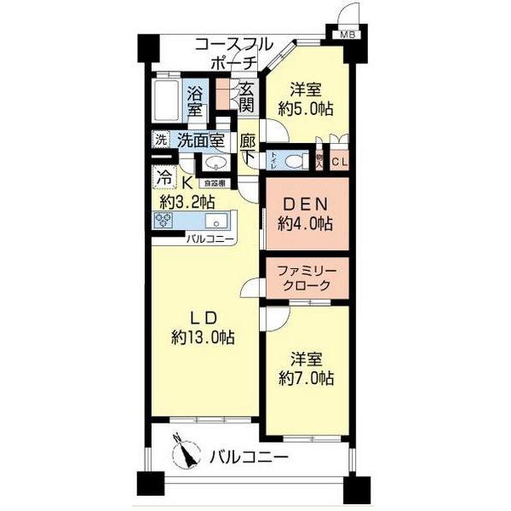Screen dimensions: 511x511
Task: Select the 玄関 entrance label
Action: click(246, 97)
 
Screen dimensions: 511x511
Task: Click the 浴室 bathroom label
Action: click(196, 101)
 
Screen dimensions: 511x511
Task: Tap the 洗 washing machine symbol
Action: click(160, 140)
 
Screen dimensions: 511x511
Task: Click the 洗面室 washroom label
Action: click(201, 141)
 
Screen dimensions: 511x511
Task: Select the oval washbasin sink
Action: click(215, 164)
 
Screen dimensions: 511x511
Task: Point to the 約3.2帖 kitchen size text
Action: click(187, 202)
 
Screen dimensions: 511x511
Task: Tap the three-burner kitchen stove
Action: click(164, 221)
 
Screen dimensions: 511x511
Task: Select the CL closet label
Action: click(340, 160)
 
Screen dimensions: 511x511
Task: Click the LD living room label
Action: click(202, 319)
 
